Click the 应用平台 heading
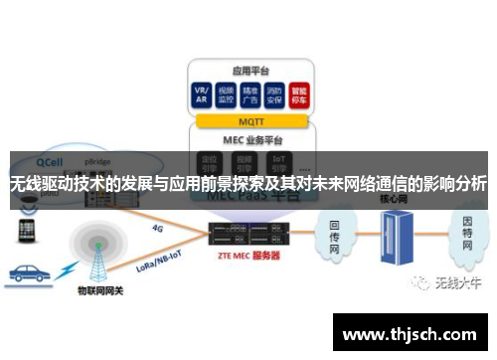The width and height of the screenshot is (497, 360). coord(248,71)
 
